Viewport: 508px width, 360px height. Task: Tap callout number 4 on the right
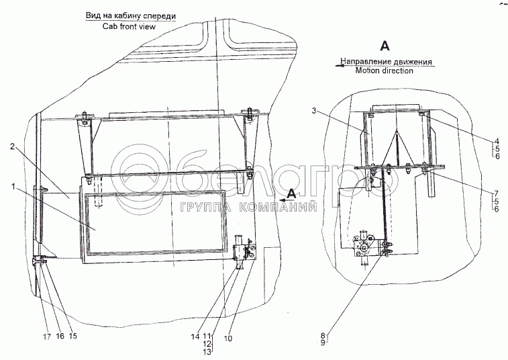coord(495,141)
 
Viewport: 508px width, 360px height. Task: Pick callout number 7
coord(495,193)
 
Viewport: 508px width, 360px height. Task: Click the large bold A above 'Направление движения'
coord(385,46)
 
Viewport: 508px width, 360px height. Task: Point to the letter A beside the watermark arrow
coord(291,193)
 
